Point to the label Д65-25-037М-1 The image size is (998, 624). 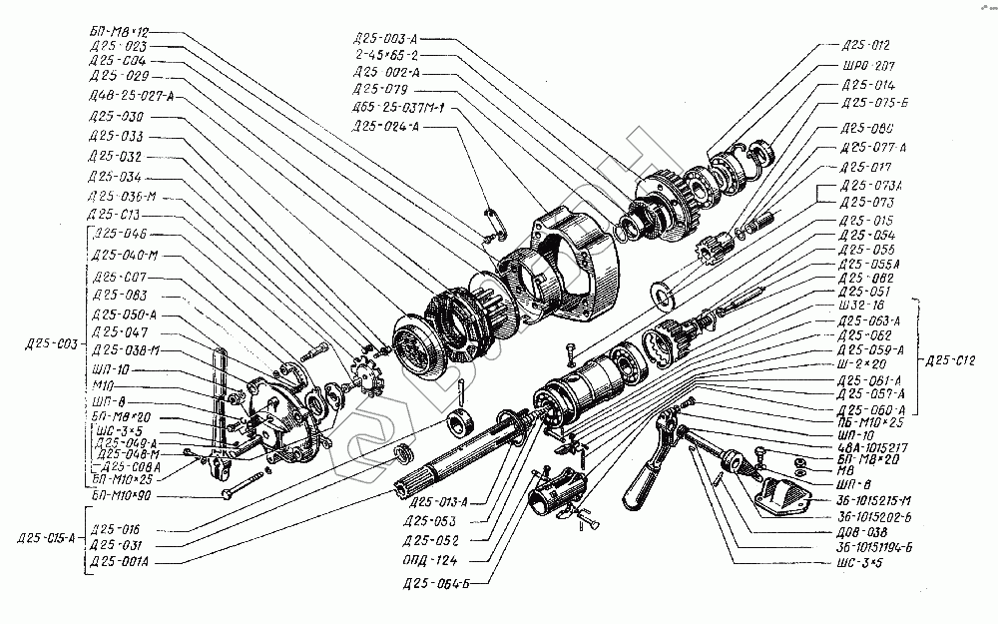click(397, 107)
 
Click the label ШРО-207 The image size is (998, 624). click(865, 66)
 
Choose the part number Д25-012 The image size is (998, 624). click(865, 45)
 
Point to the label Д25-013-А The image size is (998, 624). click(437, 501)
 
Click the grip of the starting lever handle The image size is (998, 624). click(638, 488)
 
